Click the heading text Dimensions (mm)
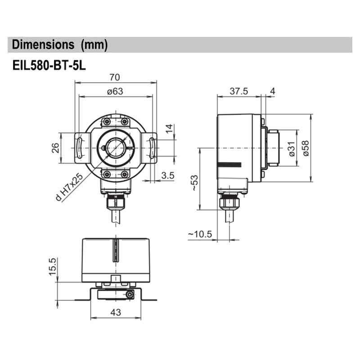coord(60,45)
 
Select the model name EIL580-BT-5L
coord(49,65)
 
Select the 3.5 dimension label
coord(167,175)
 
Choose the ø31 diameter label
coord(291,148)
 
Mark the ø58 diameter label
coord(306,148)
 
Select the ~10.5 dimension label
coord(200,234)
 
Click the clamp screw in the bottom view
coord(130,294)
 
